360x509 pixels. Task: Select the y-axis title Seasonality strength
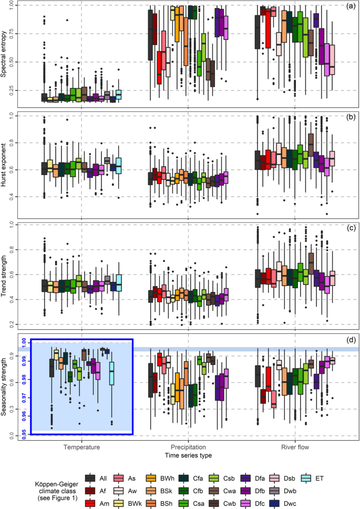click(x=6, y=386)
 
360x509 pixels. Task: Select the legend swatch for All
click(x=90, y=477)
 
